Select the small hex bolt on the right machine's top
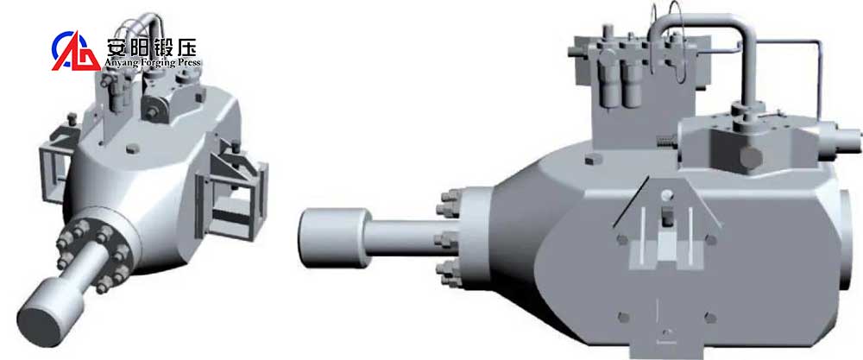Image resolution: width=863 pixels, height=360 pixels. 591,160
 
